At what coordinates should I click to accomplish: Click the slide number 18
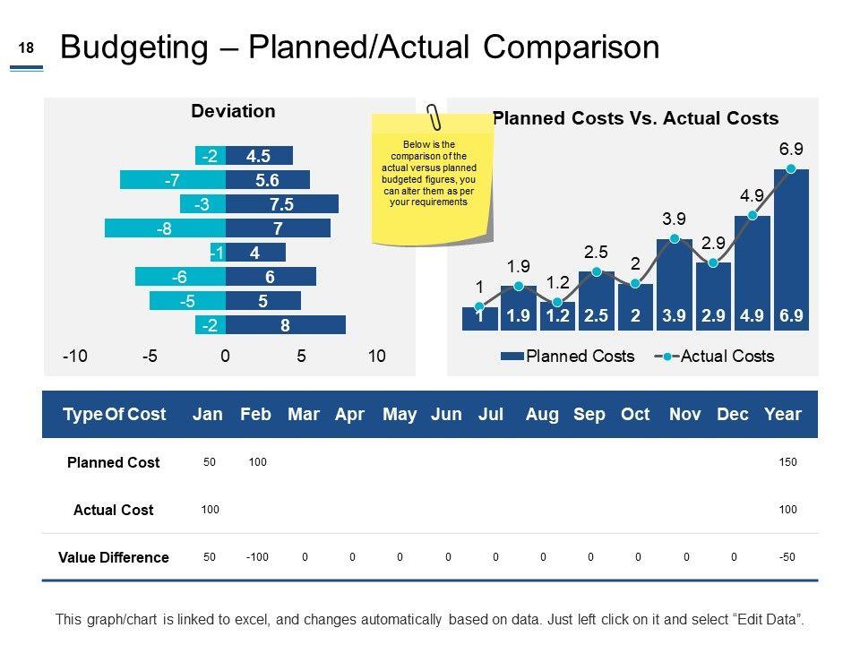(26, 50)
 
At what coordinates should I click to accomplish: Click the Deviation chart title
(233, 112)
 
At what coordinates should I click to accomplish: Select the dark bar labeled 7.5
(282, 204)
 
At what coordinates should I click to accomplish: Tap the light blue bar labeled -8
(165, 228)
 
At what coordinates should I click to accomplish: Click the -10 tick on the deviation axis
(75, 357)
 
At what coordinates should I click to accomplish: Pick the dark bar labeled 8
(285, 326)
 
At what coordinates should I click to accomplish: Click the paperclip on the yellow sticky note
(434, 117)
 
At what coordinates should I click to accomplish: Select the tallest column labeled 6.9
(791, 251)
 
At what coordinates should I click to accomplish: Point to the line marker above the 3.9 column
(675, 238)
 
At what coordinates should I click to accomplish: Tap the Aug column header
(542, 415)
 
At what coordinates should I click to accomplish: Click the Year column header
(783, 415)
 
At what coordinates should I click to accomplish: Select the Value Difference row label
(114, 557)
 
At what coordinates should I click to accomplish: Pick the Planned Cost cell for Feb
(257, 462)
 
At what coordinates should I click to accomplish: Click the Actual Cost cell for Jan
(210, 510)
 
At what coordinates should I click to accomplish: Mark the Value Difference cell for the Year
(787, 557)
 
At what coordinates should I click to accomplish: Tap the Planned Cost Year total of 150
(787, 462)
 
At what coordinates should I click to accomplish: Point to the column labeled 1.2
(557, 315)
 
